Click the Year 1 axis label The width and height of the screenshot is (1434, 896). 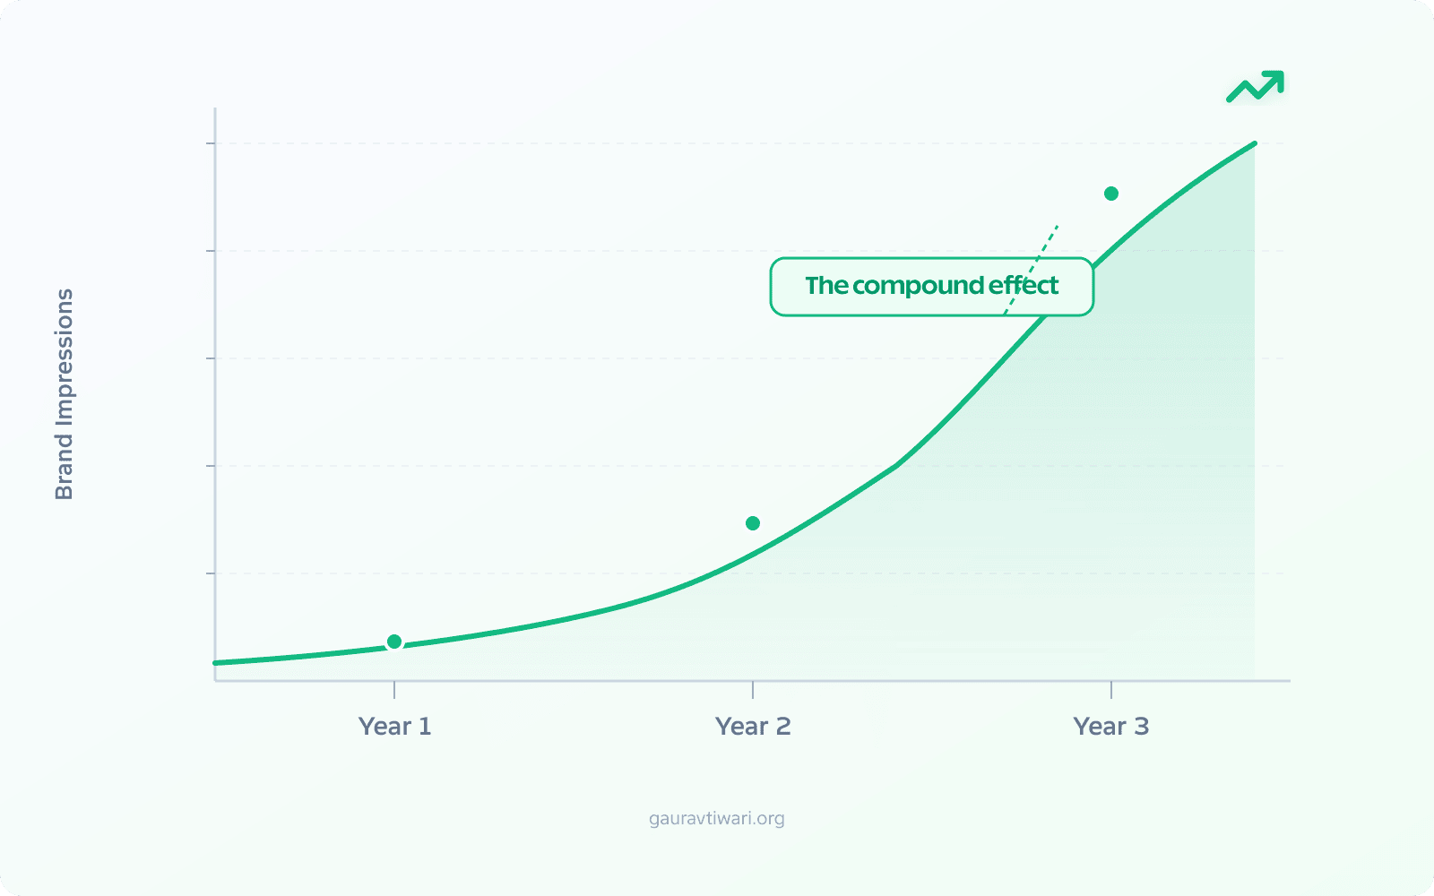(x=394, y=726)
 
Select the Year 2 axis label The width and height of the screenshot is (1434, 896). (x=753, y=726)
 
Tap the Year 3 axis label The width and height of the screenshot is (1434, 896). (x=1110, y=726)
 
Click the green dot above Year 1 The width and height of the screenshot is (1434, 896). (x=394, y=642)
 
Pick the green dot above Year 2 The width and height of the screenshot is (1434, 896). (x=753, y=523)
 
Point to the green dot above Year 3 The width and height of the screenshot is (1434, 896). (x=1111, y=194)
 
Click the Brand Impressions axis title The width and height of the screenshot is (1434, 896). (x=65, y=394)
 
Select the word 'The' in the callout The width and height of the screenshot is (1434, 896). (x=825, y=286)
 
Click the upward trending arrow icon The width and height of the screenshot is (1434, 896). (x=1256, y=86)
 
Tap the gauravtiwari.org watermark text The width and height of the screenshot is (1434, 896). (x=717, y=818)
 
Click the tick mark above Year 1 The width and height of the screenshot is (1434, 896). (x=394, y=690)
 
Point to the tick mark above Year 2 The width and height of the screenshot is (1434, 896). (x=753, y=690)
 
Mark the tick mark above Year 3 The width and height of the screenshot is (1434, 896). (x=1111, y=690)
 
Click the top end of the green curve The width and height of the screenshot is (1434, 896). (x=1253, y=144)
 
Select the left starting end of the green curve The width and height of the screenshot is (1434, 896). (x=217, y=663)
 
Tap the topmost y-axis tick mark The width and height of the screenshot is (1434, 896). (x=212, y=143)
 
